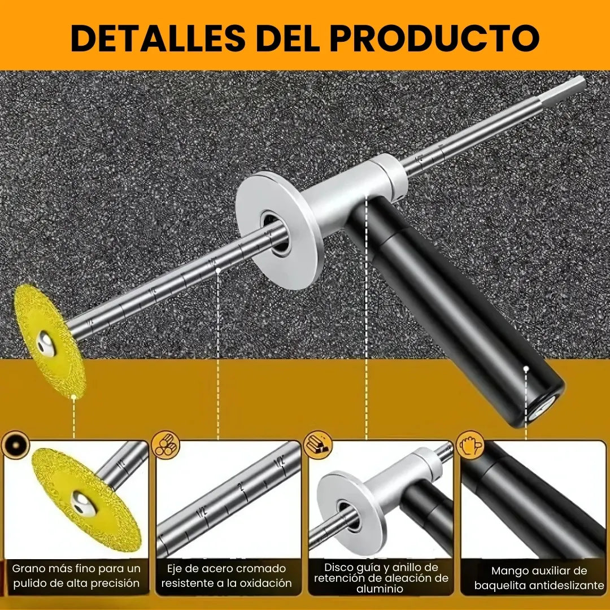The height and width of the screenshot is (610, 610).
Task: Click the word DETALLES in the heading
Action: click(146, 38)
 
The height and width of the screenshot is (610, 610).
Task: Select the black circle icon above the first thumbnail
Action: click(15, 445)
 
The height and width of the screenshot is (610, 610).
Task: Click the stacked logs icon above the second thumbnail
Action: click(166, 445)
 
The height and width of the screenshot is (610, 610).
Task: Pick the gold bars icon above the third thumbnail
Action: click(318, 445)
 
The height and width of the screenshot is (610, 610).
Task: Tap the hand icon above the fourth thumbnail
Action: click(470, 445)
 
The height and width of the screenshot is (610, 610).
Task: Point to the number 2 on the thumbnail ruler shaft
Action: click(241, 487)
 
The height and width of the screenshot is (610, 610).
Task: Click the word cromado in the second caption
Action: click(264, 568)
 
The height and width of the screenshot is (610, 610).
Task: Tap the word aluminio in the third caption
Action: click(380, 589)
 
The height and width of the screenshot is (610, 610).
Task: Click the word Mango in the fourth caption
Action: click(509, 571)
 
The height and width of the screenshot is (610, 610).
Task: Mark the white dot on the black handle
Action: click(526, 368)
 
